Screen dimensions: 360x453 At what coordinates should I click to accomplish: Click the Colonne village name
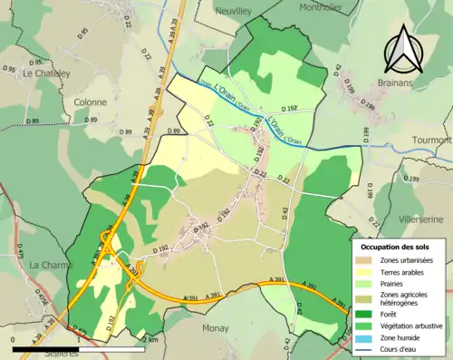click(90, 102)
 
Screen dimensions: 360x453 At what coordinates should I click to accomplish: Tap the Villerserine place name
click(420, 219)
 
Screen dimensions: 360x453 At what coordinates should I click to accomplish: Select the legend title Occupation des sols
click(396, 247)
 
